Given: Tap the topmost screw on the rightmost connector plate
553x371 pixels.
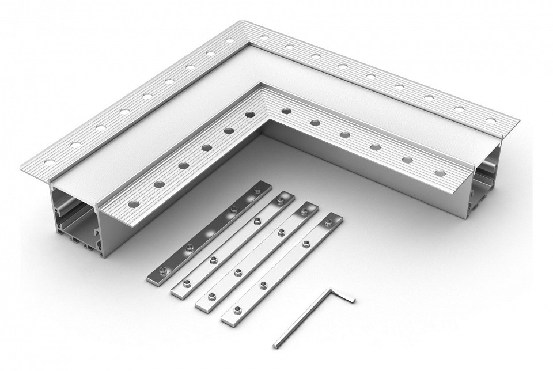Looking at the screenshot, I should (330, 222).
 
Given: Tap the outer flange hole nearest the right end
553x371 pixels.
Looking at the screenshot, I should (490, 120).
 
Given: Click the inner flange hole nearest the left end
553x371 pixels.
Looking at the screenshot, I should (133, 203).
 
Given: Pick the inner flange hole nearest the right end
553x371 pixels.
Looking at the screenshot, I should (440, 172).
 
